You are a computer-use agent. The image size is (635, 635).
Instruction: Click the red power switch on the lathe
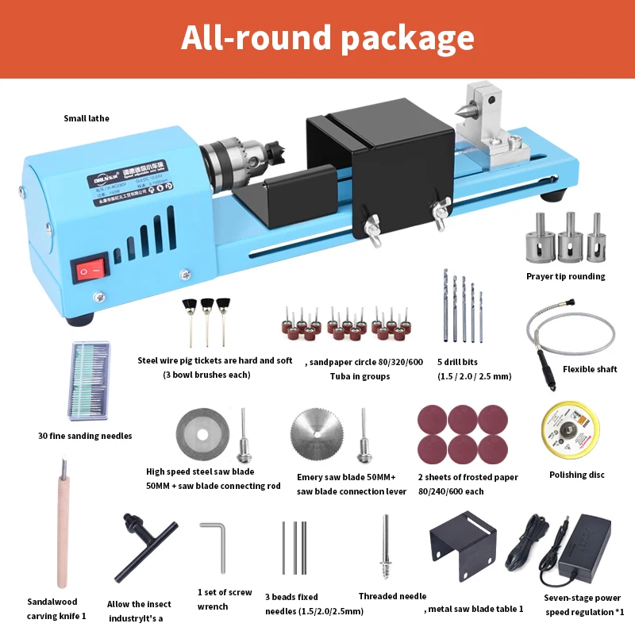point(90,271)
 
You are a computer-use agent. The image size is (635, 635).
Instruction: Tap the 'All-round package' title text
point(327,38)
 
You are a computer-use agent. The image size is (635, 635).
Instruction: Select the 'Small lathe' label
point(87,118)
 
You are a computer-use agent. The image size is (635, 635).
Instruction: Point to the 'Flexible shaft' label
point(590,369)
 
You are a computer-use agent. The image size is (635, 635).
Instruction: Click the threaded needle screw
point(386,547)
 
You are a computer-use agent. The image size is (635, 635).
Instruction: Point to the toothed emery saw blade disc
point(318,435)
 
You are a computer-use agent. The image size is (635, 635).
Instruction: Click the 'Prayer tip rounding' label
point(565,276)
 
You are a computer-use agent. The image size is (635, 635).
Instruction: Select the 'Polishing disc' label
point(577,475)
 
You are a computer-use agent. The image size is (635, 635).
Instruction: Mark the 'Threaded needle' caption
point(392,596)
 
